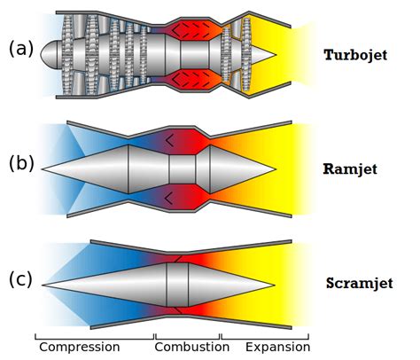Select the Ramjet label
(353, 169)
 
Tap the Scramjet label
(359, 283)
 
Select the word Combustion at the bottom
(188, 347)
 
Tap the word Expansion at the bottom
(276, 347)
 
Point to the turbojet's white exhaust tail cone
(262, 52)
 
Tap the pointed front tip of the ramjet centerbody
(44, 168)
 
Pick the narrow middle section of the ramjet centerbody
(182, 168)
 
